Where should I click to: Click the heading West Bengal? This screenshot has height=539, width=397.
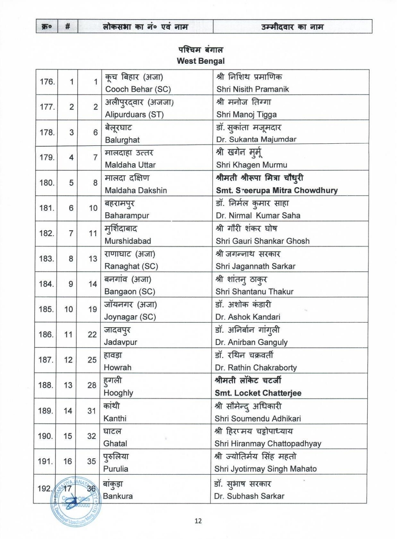coord(201,61)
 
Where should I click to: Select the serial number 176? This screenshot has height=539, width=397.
coord(47,82)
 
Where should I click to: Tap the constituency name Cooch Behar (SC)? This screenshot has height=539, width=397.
coord(138,89)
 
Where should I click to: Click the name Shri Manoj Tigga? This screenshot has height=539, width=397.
coord(247,115)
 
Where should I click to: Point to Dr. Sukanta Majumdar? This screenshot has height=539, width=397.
coord(256,140)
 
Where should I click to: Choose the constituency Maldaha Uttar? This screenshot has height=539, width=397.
coord(130,165)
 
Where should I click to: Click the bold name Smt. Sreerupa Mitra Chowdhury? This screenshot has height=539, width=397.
coord(277,190)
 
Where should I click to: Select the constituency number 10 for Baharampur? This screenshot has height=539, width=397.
coord(93,208)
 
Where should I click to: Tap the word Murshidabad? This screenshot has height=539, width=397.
coord(128,241)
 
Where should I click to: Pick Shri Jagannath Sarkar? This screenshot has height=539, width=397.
coord(255,266)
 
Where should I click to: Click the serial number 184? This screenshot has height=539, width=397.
coord(46,284)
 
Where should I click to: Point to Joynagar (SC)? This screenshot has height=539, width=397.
coord(130,317)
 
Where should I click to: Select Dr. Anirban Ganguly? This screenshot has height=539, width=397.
coord(251,342)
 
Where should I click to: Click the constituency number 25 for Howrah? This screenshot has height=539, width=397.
coord(92,360)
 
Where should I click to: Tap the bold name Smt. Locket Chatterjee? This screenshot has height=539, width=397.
coord(258,393)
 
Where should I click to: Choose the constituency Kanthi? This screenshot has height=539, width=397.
coord(115,419)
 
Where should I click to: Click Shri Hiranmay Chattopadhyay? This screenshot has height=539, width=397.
coord(268,444)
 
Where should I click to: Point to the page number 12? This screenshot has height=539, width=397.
coord(198,521)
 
